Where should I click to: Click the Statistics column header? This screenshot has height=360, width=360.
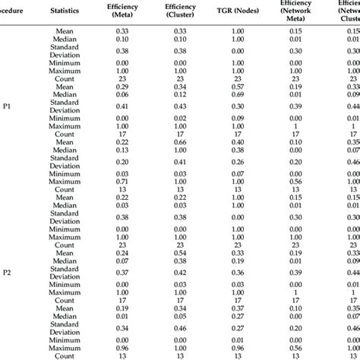tap(66, 11)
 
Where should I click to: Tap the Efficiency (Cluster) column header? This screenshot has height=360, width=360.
tap(181, 11)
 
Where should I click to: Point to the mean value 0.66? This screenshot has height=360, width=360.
tap(181, 142)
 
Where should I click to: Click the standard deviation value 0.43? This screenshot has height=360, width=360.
tap(181, 108)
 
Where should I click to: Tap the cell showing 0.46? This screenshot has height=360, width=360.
tap(181, 327)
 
